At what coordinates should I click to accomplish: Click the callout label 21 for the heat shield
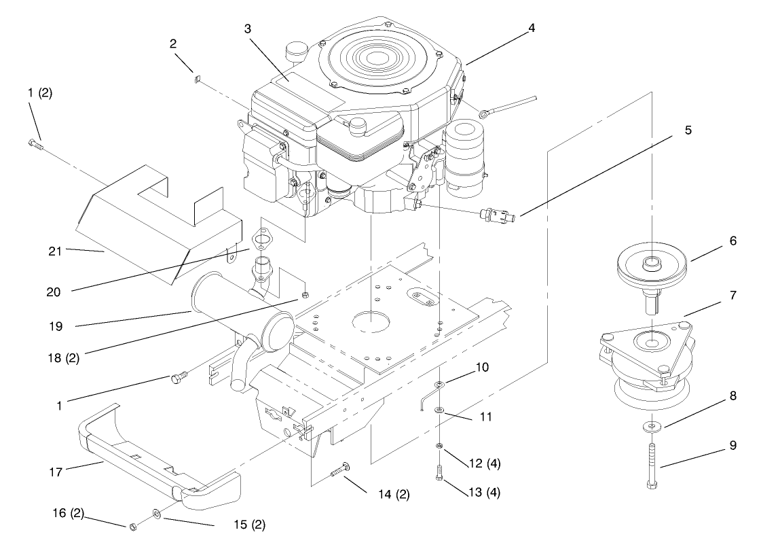point(55,251)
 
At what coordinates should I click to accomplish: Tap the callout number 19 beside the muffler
point(56,326)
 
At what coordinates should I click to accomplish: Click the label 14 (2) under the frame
point(394,495)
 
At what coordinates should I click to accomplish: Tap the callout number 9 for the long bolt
point(733,446)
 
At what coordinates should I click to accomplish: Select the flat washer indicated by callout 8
point(652,427)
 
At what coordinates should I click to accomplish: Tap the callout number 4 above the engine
point(532,28)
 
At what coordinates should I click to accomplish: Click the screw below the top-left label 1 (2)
point(35,143)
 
